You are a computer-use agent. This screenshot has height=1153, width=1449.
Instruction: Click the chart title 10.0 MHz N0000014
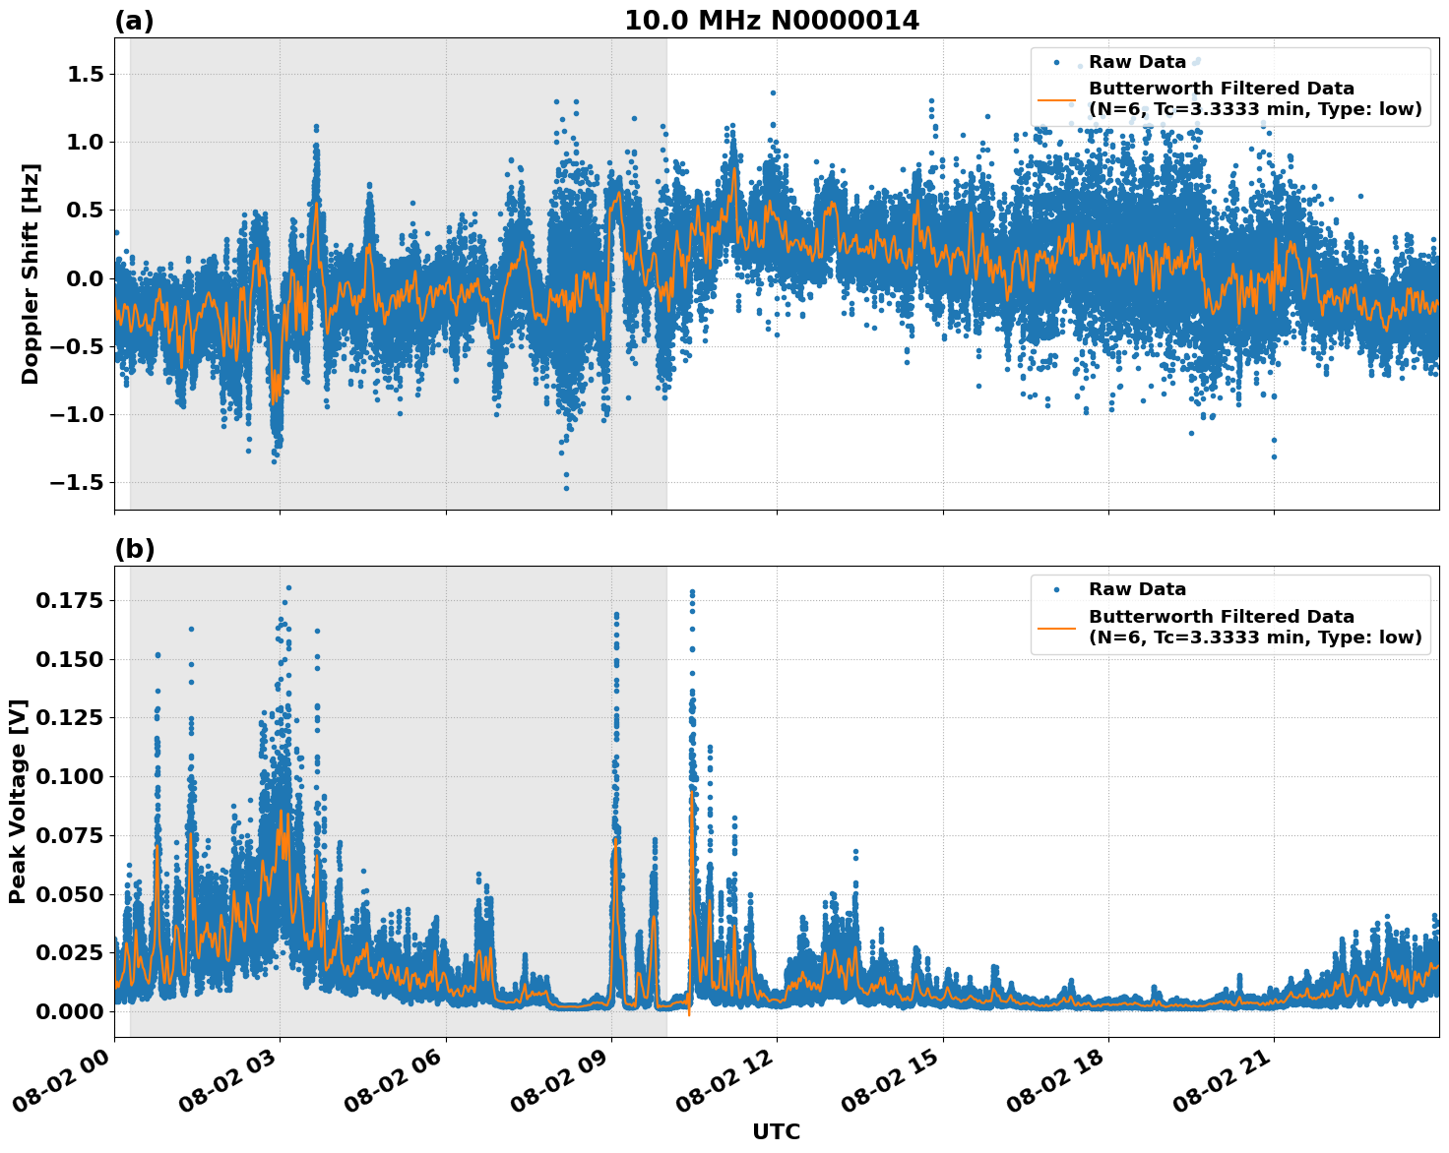click(772, 21)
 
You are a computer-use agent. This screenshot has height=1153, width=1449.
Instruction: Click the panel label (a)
click(134, 21)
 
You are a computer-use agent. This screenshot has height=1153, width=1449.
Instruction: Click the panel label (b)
click(134, 549)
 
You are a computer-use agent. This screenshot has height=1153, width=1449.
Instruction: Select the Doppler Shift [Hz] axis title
click(31, 273)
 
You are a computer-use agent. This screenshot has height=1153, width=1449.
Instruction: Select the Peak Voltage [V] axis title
click(18, 801)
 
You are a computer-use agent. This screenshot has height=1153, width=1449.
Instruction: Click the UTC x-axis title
click(776, 1131)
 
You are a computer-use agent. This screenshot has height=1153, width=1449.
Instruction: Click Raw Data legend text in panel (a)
click(1137, 62)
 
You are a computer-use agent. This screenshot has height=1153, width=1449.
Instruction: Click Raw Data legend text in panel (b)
click(1137, 589)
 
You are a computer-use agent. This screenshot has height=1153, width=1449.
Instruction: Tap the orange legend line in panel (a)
click(1057, 99)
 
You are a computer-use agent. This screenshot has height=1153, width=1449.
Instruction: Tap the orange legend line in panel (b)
click(1057, 627)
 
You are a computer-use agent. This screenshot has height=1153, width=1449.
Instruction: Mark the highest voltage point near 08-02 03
click(288, 587)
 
